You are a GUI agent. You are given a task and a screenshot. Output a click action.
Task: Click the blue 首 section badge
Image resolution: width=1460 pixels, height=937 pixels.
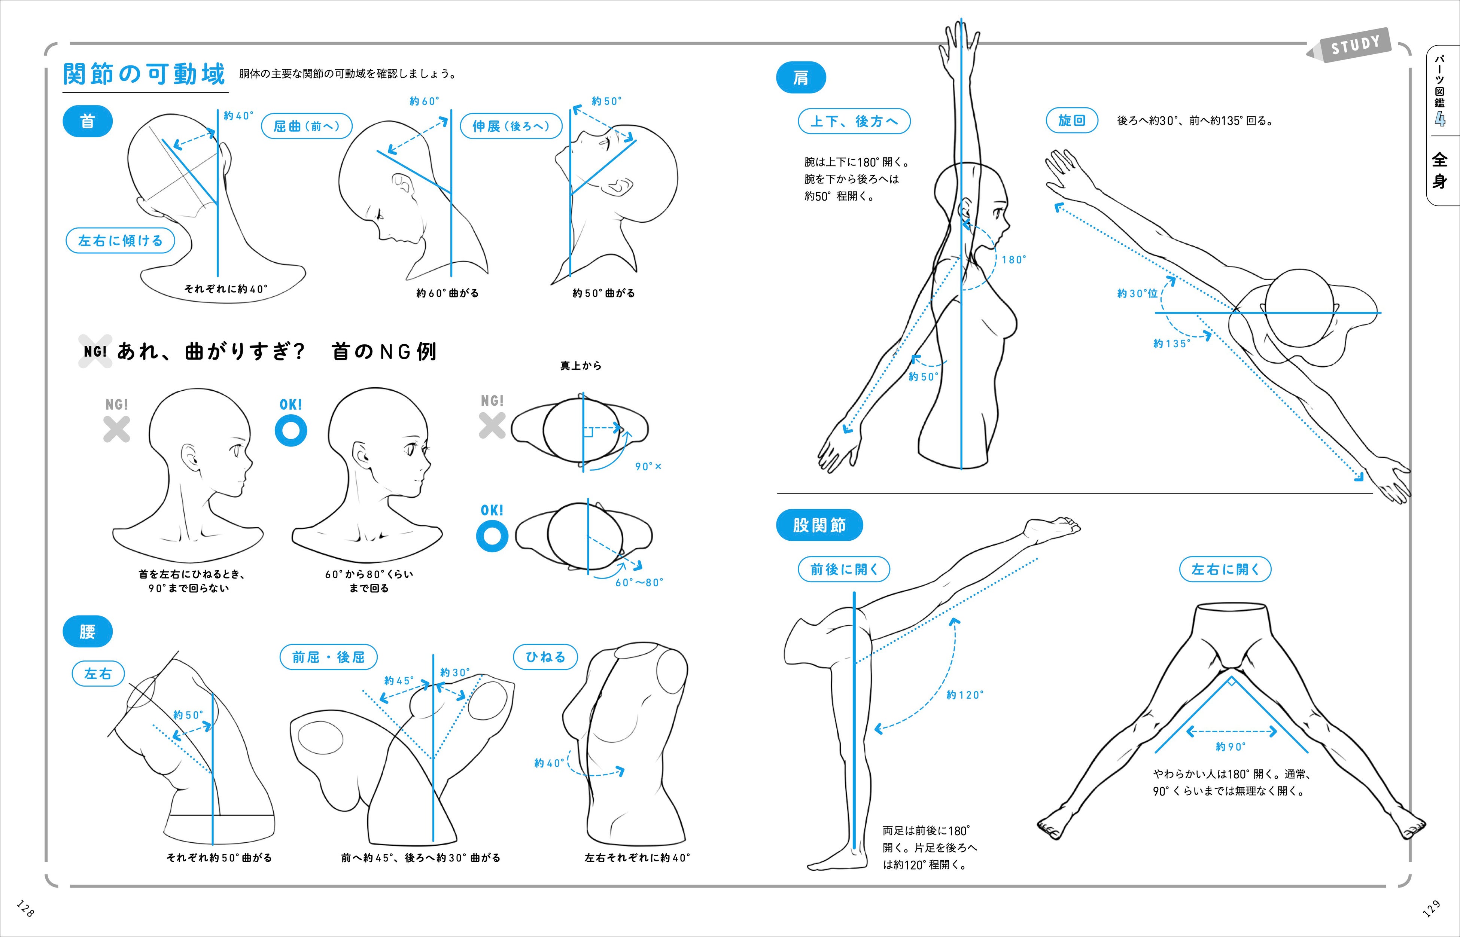88,121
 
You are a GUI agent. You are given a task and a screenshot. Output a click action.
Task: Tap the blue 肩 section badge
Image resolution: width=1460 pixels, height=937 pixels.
801,78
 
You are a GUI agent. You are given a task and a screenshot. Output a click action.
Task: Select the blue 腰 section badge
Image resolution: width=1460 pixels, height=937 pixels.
88,632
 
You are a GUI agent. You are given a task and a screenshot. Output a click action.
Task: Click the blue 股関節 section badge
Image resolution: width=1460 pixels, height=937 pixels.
819,525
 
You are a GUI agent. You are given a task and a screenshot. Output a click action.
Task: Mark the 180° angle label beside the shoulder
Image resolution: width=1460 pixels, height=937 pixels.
1014,260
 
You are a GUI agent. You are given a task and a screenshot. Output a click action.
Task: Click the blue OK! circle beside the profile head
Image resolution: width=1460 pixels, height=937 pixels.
291,430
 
